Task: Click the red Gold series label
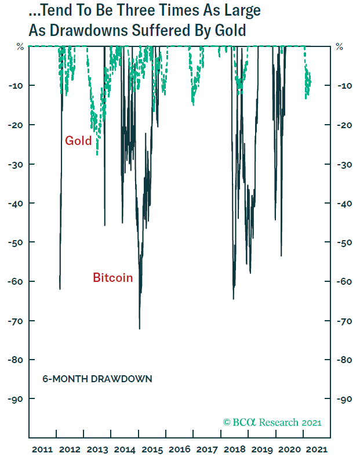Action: pos(78,140)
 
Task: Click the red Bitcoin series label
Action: pos(112,278)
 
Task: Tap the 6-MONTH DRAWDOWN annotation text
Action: pos(97,379)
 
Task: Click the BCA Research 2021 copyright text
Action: pos(272,422)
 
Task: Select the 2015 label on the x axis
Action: pos(152,449)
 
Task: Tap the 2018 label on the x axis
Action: pos(235,449)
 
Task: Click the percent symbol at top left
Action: pos(20,47)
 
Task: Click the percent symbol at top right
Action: pos(339,47)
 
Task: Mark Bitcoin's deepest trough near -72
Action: pos(139,328)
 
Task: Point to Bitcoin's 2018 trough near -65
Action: pos(233,298)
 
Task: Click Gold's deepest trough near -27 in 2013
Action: pos(97,154)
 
